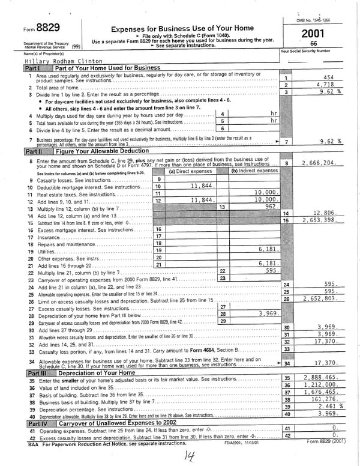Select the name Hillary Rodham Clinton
tap(62, 61)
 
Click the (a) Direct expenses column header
tap(191, 171)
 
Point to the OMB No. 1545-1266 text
tap(313, 20)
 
